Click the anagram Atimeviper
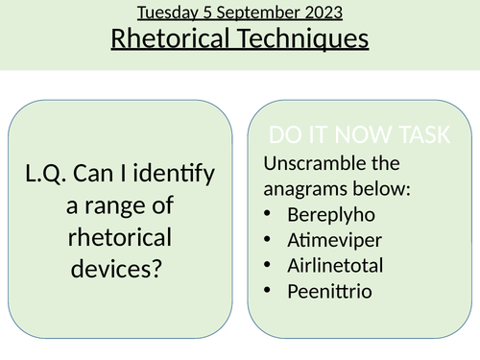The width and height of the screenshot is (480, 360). pos(333,238)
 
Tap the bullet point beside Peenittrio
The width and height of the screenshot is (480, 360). pos(267,289)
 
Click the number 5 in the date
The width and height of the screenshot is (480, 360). pos(206,13)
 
